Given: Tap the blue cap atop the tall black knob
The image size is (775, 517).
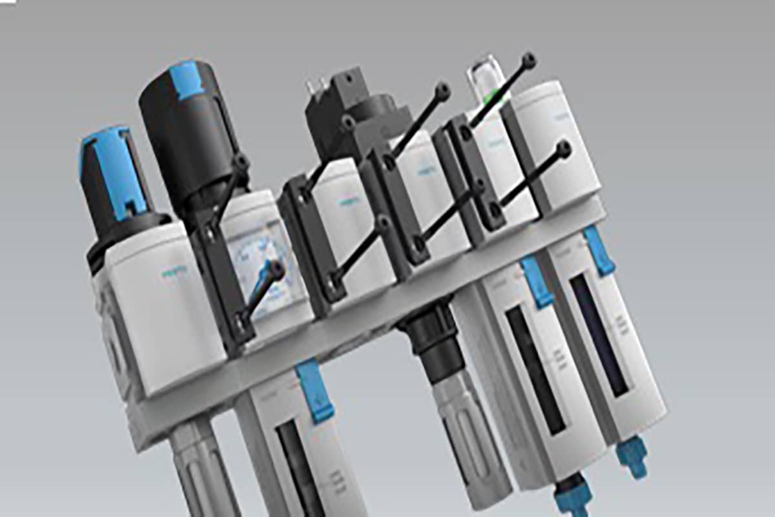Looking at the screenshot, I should pos(186,80).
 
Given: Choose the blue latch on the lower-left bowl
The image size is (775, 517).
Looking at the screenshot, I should pos(314,392).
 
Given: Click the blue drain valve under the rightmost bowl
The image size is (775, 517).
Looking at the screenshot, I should pos(632,456).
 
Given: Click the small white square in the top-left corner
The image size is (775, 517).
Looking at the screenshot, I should pos(8,3).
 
